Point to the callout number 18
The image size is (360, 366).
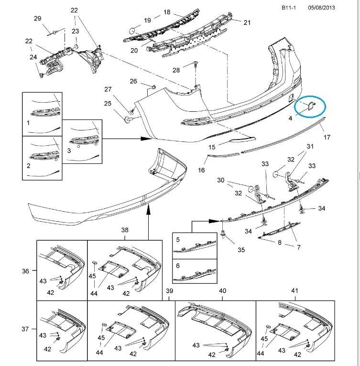[167, 12]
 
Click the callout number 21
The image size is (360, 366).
[247, 22]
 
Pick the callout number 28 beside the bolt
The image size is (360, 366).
[176, 70]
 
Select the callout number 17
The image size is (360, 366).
[327, 137]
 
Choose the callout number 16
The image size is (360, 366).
[201, 170]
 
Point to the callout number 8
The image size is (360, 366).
[279, 243]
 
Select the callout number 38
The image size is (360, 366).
[125, 230]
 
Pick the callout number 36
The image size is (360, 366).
[25, 271]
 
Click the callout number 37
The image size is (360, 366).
[25, 329]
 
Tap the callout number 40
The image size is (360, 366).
[222, 291]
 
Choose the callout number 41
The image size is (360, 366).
[294, 291]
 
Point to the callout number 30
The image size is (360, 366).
[220, 180]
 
